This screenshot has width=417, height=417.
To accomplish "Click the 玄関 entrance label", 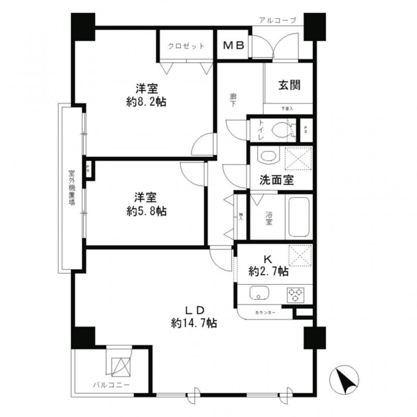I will [289, 84].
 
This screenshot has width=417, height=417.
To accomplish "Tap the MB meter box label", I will [233, 46].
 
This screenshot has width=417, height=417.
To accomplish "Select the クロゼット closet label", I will [186, 47].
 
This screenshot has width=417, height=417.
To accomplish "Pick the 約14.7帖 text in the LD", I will [194, 323].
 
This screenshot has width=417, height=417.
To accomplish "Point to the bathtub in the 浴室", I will [297, 218].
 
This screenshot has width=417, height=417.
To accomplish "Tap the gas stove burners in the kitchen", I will [296, 294].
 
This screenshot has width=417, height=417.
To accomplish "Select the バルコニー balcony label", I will [110, 385].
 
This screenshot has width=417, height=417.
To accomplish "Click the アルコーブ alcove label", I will [276, 20].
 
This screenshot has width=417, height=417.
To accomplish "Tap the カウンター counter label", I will [265, 313].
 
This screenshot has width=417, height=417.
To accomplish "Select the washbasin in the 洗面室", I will [266, 157].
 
